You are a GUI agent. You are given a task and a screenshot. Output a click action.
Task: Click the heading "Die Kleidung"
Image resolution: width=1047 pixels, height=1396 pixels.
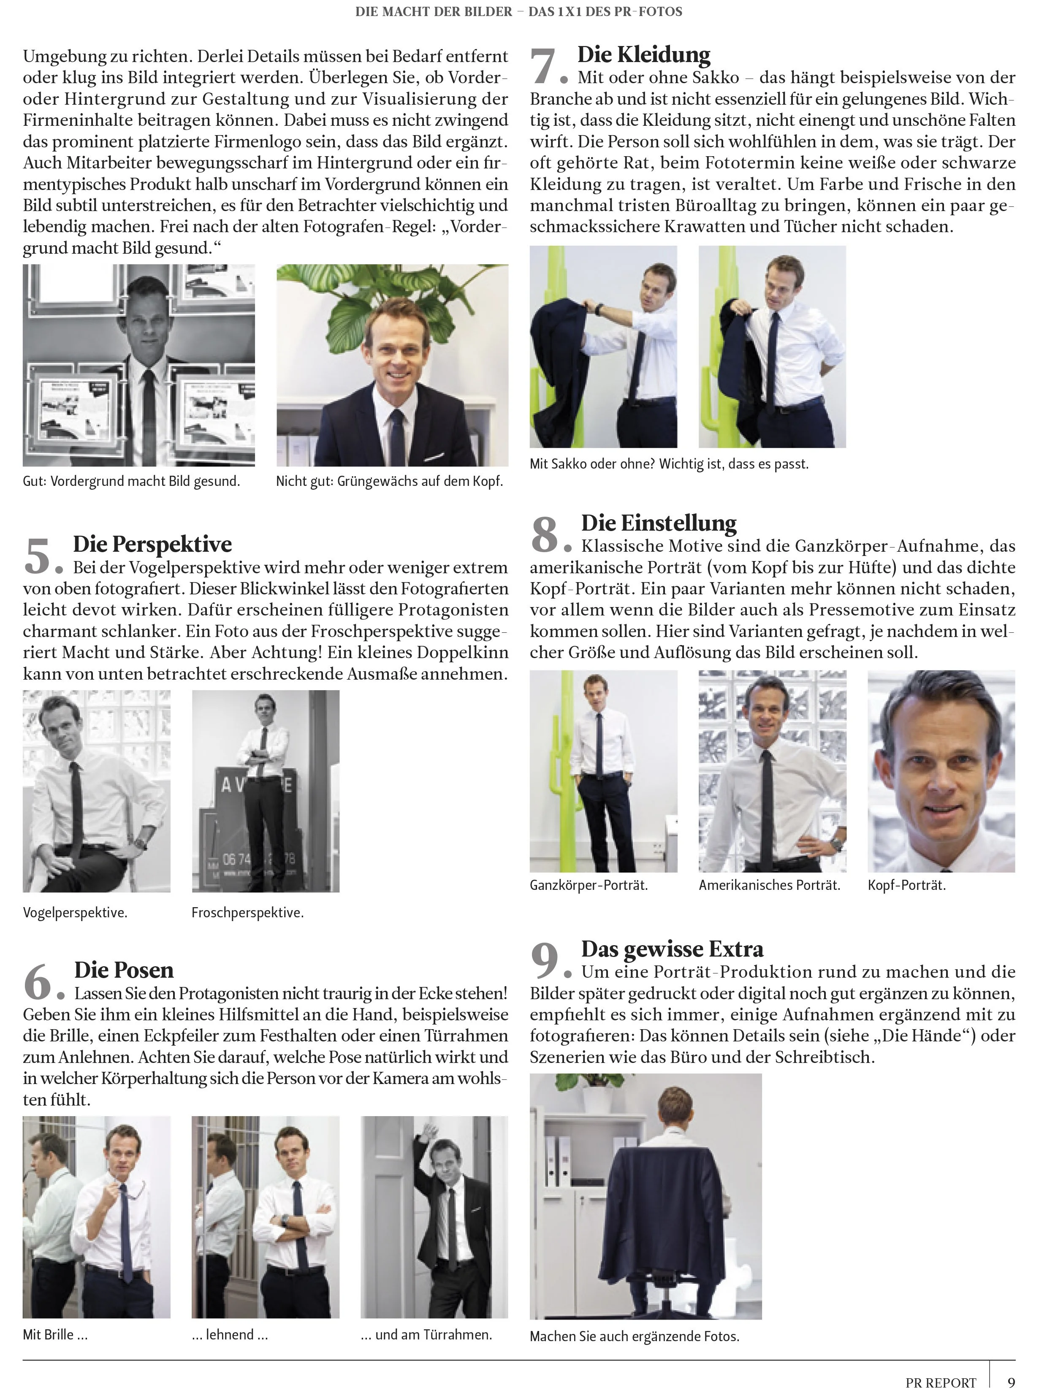pyautogui.click(x=644, y=55)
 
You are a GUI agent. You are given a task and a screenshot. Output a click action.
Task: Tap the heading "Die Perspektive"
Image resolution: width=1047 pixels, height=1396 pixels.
pyautogui.click(x=152, y=544)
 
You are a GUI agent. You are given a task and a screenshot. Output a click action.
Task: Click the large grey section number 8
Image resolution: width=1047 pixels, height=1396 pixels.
pyautogui.click(x=545, y=534)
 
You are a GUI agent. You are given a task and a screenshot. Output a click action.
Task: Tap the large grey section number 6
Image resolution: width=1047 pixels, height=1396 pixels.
pyautogui.click(x=37, y=982)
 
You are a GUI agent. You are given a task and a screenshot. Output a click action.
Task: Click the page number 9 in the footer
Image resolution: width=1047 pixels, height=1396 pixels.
pyautogui.click(x=1011, y=1382)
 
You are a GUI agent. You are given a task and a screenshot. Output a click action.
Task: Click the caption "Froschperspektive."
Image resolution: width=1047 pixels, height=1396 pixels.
pyautogui.click(x=247, y=913)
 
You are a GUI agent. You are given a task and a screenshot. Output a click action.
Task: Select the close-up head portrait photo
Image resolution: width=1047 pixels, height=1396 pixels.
pyautogui.click(x=941, y=771)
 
